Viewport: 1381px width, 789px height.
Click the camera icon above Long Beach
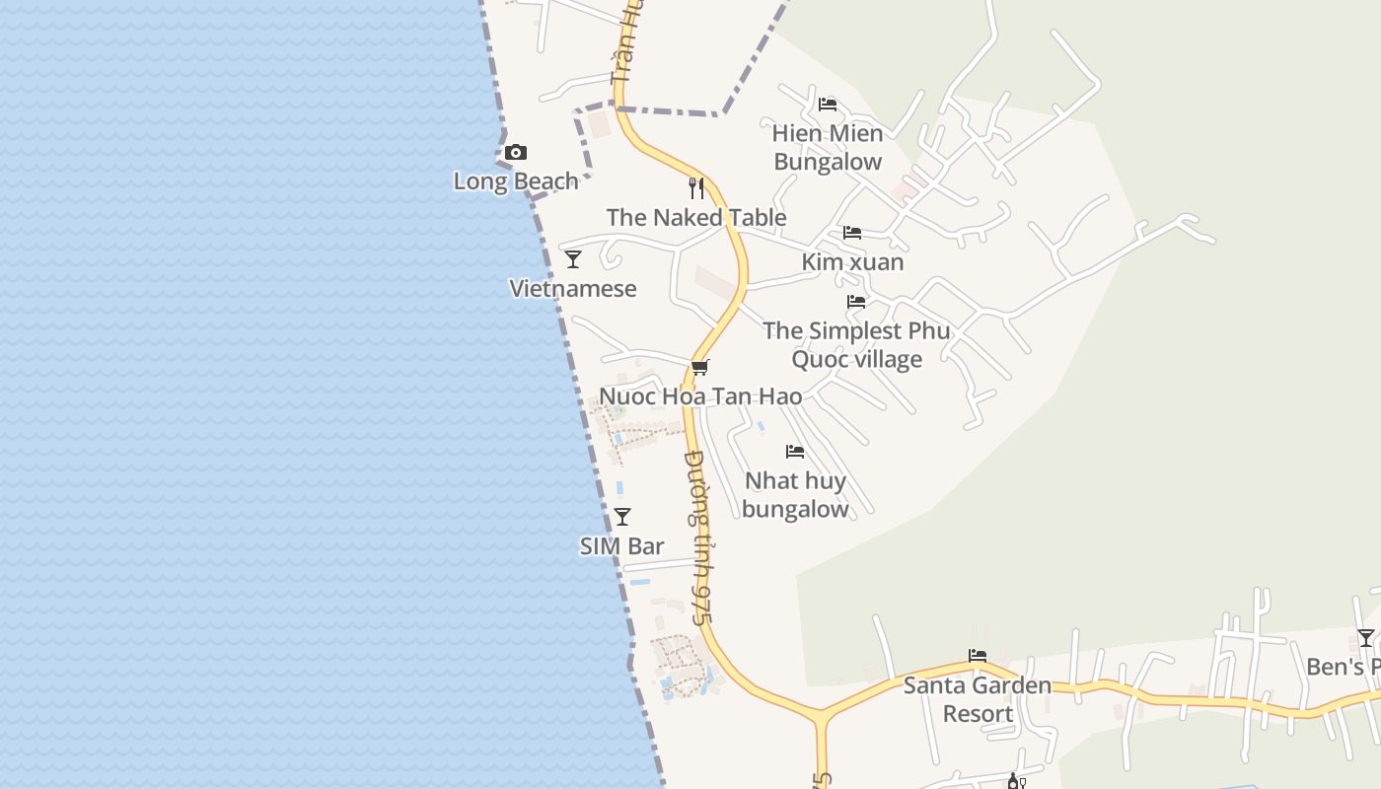pos(515,153)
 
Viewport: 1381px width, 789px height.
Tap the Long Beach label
pos(516,181)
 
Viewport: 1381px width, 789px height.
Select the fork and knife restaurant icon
pos(696,188)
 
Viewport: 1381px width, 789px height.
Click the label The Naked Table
pos(696,218)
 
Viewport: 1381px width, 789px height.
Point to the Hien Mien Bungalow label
pos(828,147)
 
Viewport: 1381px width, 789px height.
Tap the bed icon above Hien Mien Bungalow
pos(828,105)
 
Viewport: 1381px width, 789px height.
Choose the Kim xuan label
pos(852,262)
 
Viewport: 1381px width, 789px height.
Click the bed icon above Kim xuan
pos(852,233)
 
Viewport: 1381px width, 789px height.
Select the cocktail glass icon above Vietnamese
pos(573,259)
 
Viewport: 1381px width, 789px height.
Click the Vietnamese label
pos(573,289)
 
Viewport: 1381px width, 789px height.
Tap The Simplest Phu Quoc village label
pos(856,344)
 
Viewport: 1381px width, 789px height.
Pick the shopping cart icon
pos(699,368)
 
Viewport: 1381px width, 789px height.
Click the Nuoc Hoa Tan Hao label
pos(700,396)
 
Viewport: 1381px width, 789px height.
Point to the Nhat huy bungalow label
pos(795,495)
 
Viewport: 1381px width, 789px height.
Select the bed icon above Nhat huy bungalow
pos(795,452)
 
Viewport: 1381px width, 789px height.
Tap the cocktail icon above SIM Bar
pos(622,517)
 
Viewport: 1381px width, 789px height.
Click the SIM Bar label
pos(621,546)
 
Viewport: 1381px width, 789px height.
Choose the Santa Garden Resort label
pos(978,699)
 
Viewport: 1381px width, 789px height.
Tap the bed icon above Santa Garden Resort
pos(978,656)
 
